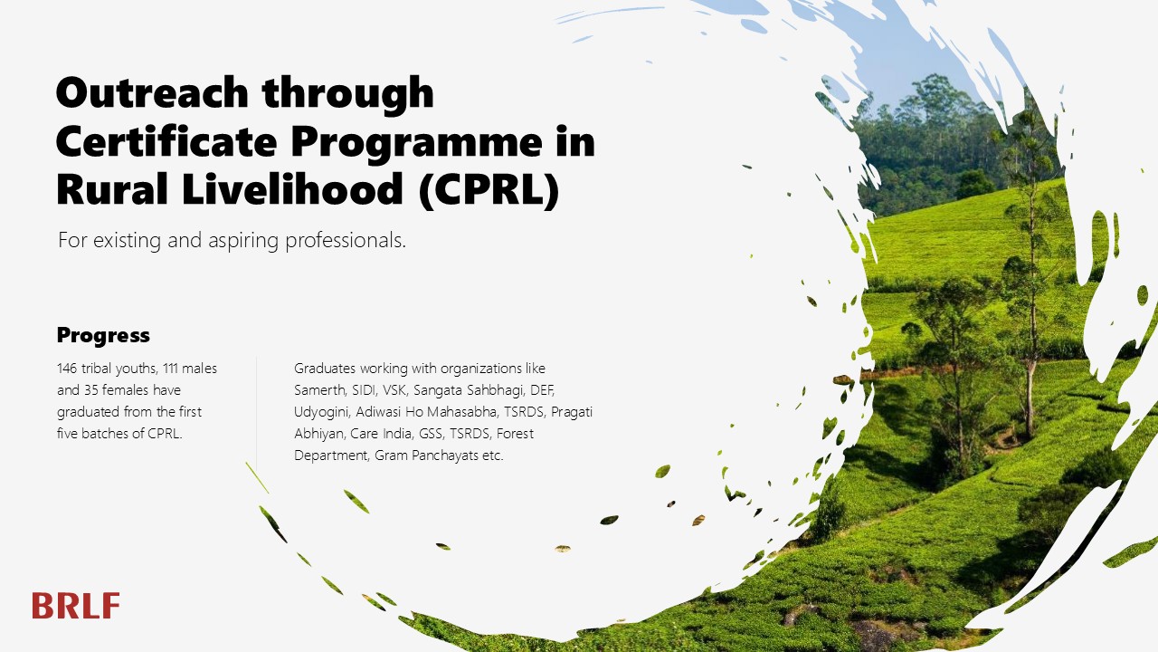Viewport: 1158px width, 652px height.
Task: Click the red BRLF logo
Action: pos(76,606)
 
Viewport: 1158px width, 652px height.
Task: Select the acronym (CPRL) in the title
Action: pos(489,190)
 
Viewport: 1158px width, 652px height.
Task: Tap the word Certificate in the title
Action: pos(166,141)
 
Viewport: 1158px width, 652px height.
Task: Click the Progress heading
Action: pos(103,336)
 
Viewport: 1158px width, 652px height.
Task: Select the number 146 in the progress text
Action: pos(67,369)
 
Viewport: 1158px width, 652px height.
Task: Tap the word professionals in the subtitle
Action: pos(346,241)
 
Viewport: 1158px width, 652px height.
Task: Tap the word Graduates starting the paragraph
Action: pos(325,369)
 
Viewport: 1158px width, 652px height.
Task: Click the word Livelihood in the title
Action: pos(292,190)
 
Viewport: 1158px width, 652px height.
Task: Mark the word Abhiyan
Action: pos(319,435)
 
